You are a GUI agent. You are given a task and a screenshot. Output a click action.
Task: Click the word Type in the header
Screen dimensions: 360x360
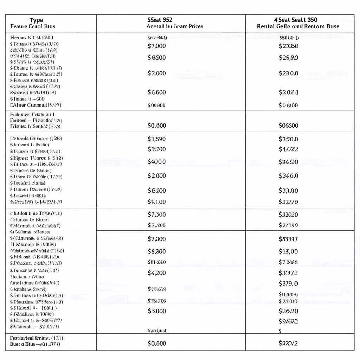coord(36,20)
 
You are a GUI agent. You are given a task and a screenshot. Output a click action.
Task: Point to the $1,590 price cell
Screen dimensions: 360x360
coord(156,139)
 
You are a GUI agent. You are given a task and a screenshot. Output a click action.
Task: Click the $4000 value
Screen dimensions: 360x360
coord(156,162)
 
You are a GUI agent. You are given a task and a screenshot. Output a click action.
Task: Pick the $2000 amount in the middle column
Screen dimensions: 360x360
coord(156,175)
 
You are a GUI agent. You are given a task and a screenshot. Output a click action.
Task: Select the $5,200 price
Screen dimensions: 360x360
coord(156,251)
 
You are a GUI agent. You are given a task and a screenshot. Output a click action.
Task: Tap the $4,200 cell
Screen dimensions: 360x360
coord(156,272)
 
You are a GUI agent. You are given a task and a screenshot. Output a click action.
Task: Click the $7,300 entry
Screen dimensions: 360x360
coord(156,239)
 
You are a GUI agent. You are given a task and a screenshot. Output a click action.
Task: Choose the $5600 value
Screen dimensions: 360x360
coord(156,92)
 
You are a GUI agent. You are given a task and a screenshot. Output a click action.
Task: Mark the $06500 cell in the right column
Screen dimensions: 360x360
coord(288,125)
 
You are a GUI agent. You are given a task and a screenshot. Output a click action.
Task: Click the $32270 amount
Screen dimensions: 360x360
coord(288,202)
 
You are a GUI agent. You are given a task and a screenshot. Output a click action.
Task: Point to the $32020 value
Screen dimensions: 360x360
coord(288,214)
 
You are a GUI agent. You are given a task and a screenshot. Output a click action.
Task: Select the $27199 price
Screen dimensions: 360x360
coord(288,225)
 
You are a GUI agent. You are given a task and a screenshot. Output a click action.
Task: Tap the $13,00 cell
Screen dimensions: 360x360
coord(288,251)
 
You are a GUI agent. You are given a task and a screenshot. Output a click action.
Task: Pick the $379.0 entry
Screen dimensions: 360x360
coord(288,283)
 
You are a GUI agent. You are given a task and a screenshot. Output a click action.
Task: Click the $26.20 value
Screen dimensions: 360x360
coord(288,311)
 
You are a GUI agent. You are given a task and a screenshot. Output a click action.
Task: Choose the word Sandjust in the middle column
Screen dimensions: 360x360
coord(156,330)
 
